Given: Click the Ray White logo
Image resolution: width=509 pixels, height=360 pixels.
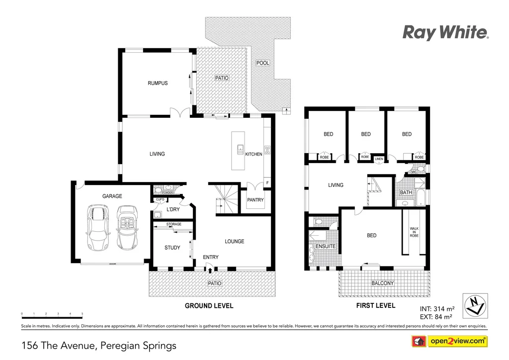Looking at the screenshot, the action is point(445,33).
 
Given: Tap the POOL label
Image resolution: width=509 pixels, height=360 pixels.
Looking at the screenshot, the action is point(262,63).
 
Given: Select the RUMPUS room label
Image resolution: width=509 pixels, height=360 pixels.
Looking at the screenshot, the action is point(158,83).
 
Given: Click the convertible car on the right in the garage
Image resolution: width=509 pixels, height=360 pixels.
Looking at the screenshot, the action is point(126,228).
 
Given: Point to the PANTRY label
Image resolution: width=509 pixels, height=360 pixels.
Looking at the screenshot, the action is point(255,200).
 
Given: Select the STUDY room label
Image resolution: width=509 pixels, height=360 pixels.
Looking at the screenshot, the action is point(172,248).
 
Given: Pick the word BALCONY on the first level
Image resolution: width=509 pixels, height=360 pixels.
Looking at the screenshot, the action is point(383,283).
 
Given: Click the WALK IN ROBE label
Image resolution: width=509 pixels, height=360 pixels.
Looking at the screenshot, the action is point(414,232).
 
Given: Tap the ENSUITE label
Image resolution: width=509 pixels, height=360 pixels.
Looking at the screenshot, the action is point(326,246).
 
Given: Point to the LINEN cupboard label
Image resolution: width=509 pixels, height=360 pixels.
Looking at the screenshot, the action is point(379,159).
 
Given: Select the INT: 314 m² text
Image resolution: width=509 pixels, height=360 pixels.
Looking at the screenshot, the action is point(436,308).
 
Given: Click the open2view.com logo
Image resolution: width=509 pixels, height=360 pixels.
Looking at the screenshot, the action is point(449,341).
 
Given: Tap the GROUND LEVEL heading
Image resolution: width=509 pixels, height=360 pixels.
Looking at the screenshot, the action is point(209,306).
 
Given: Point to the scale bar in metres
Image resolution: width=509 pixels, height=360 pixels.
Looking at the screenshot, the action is point(52,314).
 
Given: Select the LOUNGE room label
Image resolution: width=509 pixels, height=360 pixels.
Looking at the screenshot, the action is point(234,242).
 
